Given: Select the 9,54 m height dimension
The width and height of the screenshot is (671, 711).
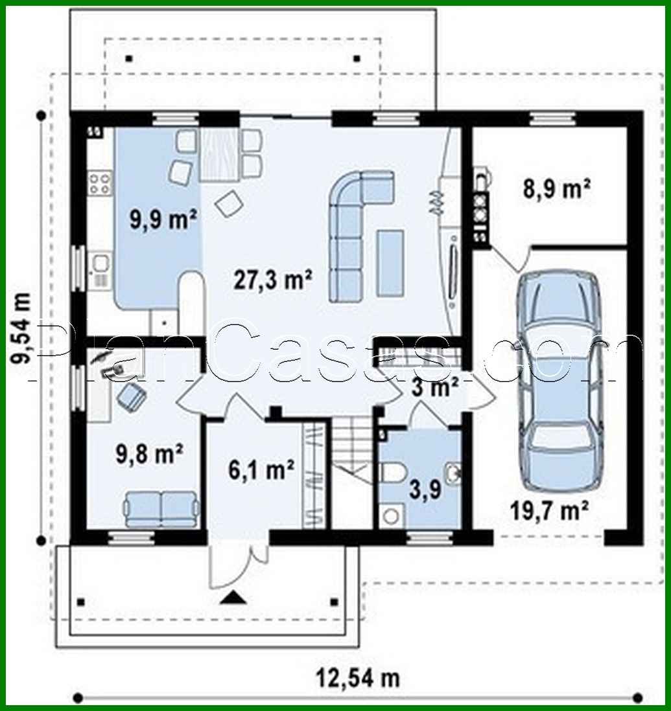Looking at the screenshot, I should point(21,327).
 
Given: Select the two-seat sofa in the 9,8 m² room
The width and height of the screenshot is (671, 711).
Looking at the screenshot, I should point(161,509).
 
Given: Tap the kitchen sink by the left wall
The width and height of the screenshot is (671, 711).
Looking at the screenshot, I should point(100,269).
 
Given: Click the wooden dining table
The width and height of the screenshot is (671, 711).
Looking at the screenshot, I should point(219,154).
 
